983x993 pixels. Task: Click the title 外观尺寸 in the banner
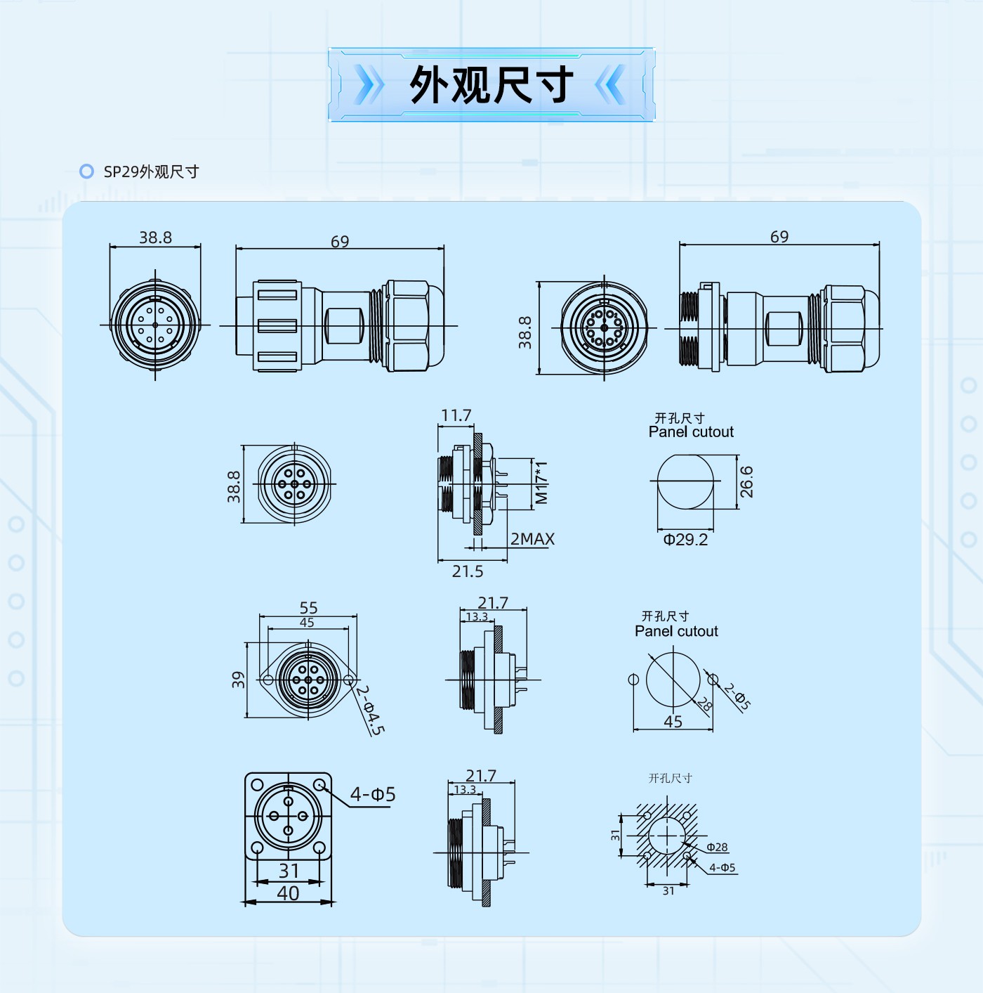[x=491, y=85]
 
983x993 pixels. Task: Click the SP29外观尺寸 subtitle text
[x=152, y=171]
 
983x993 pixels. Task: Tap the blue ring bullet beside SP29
[x=86, y=171]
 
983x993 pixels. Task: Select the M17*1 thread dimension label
[x=541, y=483]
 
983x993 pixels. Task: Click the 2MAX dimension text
[x=532, y=539]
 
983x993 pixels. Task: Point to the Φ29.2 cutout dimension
[x=685, y=540]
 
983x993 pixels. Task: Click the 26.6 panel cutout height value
[x=746, y=482]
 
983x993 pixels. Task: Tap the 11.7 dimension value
[x=456, y=415]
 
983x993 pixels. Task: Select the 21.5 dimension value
[x=468, y=571]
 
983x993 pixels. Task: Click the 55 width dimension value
[x=308, y=608]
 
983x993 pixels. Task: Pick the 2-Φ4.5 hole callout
[x=370, y=710]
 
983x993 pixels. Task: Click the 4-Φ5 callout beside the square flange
[x=373, y=794]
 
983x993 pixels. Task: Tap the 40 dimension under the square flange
[x=288, y=893]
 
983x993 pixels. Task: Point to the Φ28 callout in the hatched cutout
[x=717, y=847]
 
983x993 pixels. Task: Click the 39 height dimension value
[x=238, y=680]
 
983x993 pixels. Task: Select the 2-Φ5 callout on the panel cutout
[x=737, y=696]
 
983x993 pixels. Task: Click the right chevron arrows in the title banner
[x=612, y=84]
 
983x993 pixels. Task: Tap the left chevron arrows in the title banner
[x=369, y=84]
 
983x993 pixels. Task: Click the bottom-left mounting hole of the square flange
[x=256, y=848]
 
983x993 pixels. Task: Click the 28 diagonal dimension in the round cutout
[x=704, y=704]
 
